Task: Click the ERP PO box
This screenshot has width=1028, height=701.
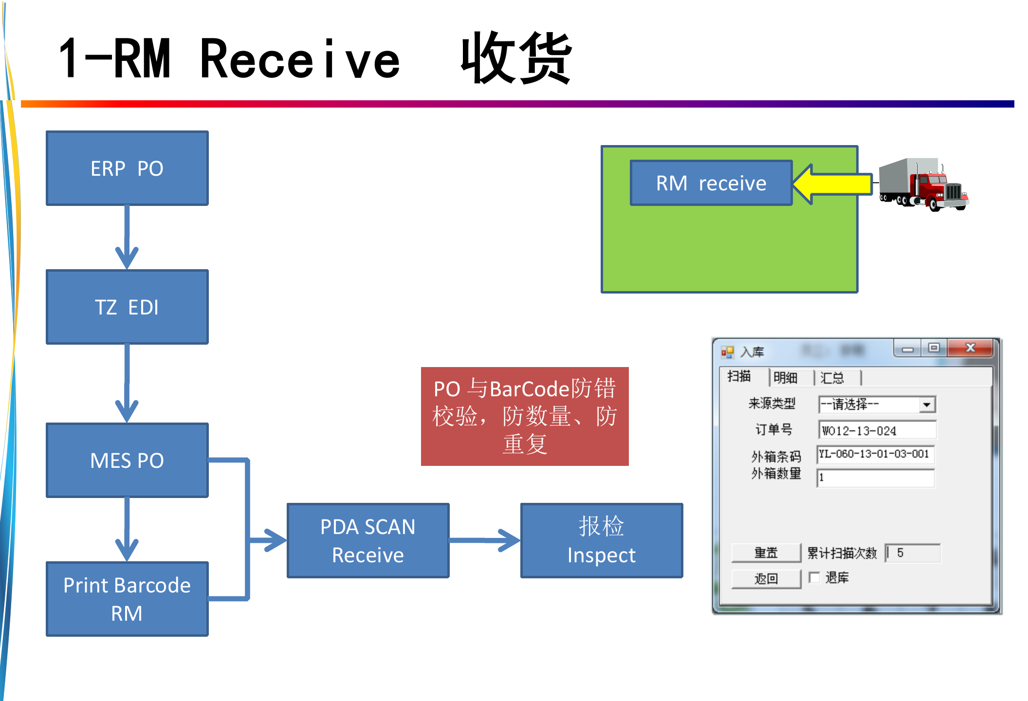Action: tap(127, 168)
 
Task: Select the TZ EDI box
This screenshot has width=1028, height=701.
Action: tap(127, 307)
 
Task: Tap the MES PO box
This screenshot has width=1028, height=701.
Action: tap(127, 461)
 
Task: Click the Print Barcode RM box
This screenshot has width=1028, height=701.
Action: tap(127, 599)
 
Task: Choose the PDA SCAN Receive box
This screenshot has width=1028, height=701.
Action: tap(368, 541)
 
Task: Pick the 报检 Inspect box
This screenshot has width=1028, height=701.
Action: tap(602, 541)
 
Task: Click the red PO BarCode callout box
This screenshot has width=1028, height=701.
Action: tap(525, 416)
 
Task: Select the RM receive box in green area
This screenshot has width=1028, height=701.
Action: tap(711, 183)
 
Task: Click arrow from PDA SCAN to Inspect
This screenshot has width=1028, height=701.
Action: tap(485, 540)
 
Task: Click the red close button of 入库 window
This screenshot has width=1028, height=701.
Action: tap(970, 348)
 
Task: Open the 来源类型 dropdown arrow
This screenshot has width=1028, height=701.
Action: tap(927, 405)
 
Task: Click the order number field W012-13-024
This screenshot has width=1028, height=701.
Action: tap(876, 430)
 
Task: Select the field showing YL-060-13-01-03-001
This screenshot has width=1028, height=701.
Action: tap(875, 454)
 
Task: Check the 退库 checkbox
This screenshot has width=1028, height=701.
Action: tap(814, 577)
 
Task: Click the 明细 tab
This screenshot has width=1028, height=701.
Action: tap(785, 378)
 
